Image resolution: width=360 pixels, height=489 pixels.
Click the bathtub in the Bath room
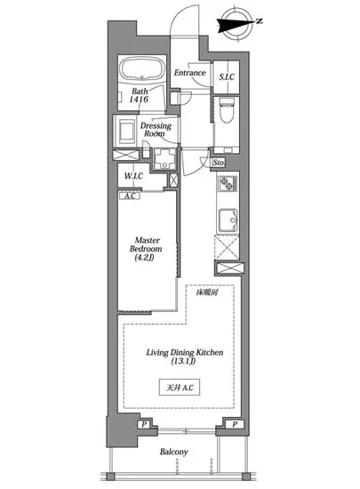coord(142,69)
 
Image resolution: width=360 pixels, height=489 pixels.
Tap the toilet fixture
coord(227,109)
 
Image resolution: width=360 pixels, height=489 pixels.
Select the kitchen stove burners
coord(227,183)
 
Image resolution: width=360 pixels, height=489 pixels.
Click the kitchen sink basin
coord(228,220)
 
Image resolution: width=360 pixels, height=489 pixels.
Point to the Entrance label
coord(190,73)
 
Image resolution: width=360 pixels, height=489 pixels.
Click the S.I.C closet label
coord(227,76)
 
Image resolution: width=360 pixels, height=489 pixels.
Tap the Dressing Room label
coord(156,130)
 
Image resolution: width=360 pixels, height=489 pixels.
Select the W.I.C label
coord(133,176)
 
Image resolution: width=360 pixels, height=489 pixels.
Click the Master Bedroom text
coord(146,244)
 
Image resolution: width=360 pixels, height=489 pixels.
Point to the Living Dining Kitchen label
coord(185,352)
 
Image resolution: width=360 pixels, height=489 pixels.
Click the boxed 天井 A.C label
coord(180,388)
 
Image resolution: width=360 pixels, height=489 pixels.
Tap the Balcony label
coord(174,452)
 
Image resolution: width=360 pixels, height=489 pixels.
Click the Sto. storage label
coord(218,163)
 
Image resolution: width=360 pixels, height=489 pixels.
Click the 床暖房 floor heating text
coord(206,293)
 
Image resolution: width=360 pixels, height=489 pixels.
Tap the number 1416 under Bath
coord(139,100)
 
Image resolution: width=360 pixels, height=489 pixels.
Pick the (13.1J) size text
coord(183,362)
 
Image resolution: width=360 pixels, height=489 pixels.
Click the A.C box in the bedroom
coord(130,196)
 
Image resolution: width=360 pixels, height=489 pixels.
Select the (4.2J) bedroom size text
coord(144,258)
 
